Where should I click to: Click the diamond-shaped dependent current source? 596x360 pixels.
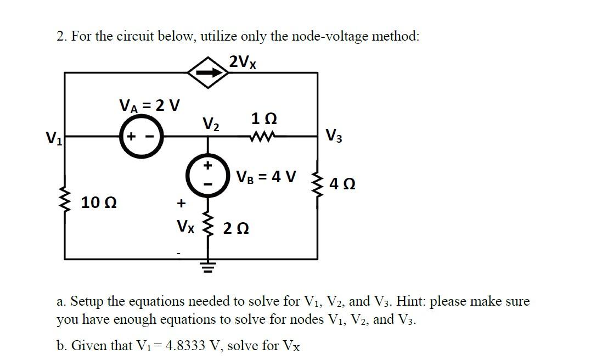(208, 72)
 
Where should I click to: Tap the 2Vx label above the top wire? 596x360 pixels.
(243, 61)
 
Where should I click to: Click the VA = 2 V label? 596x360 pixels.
(150, 104)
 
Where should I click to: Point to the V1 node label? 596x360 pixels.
(54, 137)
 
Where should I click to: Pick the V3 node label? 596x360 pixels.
(333, 135)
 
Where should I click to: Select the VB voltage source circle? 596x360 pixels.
(207, 175)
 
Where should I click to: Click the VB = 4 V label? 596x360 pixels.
(266, 177)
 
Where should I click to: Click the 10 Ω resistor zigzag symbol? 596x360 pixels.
(65, 202)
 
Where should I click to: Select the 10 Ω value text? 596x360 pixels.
(98, 203)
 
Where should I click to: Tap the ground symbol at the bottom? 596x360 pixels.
(207, 268)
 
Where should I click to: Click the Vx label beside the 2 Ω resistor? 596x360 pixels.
(185, 226)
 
